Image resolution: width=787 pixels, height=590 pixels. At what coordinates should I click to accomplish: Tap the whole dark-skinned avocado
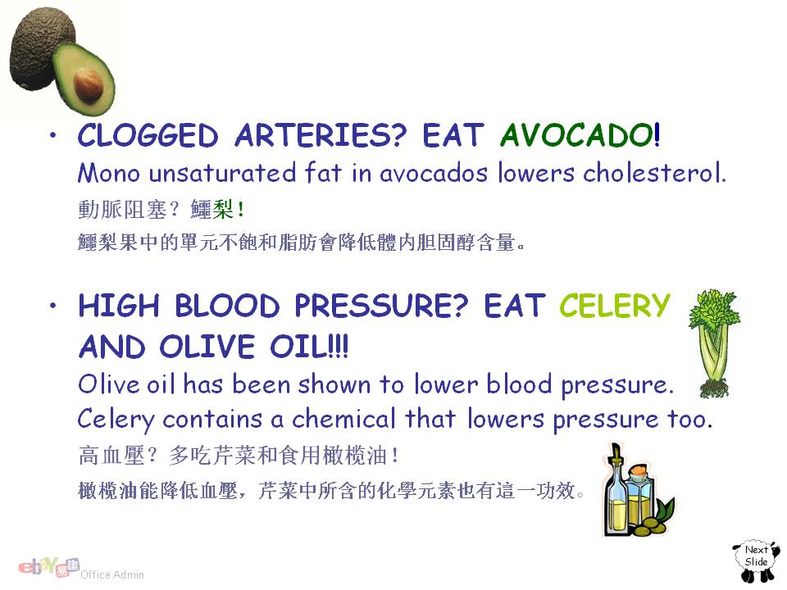(x=40, y=48)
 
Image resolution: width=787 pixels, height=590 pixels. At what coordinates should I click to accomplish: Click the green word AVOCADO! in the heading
(x=580, y=135)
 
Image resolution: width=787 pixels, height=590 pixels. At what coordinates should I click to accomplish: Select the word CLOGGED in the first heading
(x=148, y=135)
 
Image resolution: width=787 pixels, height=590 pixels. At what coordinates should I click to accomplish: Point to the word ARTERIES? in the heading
(x=320, y=135)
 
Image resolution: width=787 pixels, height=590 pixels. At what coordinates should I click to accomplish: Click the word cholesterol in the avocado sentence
(x=654, y=173)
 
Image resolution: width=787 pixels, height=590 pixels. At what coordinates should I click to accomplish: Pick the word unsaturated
(x=222, y=173)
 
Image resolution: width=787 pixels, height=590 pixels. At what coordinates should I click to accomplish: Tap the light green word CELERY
(x=615, y=305)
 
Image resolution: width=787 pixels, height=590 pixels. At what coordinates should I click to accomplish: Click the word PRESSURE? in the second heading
(x=381, y=305)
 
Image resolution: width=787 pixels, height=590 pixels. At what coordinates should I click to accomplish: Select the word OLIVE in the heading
(x=207, y=347)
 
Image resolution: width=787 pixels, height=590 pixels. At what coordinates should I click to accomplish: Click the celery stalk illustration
(x=714, y=343)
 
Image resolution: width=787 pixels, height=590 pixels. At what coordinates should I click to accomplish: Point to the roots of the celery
(x=714, y=389)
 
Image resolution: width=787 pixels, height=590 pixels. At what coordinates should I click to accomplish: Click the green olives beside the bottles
(x=653, y=522)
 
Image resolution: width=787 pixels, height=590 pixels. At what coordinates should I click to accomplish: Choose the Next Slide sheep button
(x=756, y=560)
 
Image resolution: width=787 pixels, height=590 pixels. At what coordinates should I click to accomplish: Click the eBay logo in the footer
(x=48, y=567)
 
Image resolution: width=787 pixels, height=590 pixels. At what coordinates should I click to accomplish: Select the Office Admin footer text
(x=112, y=575)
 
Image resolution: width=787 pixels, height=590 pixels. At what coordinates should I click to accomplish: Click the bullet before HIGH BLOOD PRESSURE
(x=53, y=305)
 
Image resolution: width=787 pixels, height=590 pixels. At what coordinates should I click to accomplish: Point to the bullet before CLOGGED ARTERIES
(x=53, y=134)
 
